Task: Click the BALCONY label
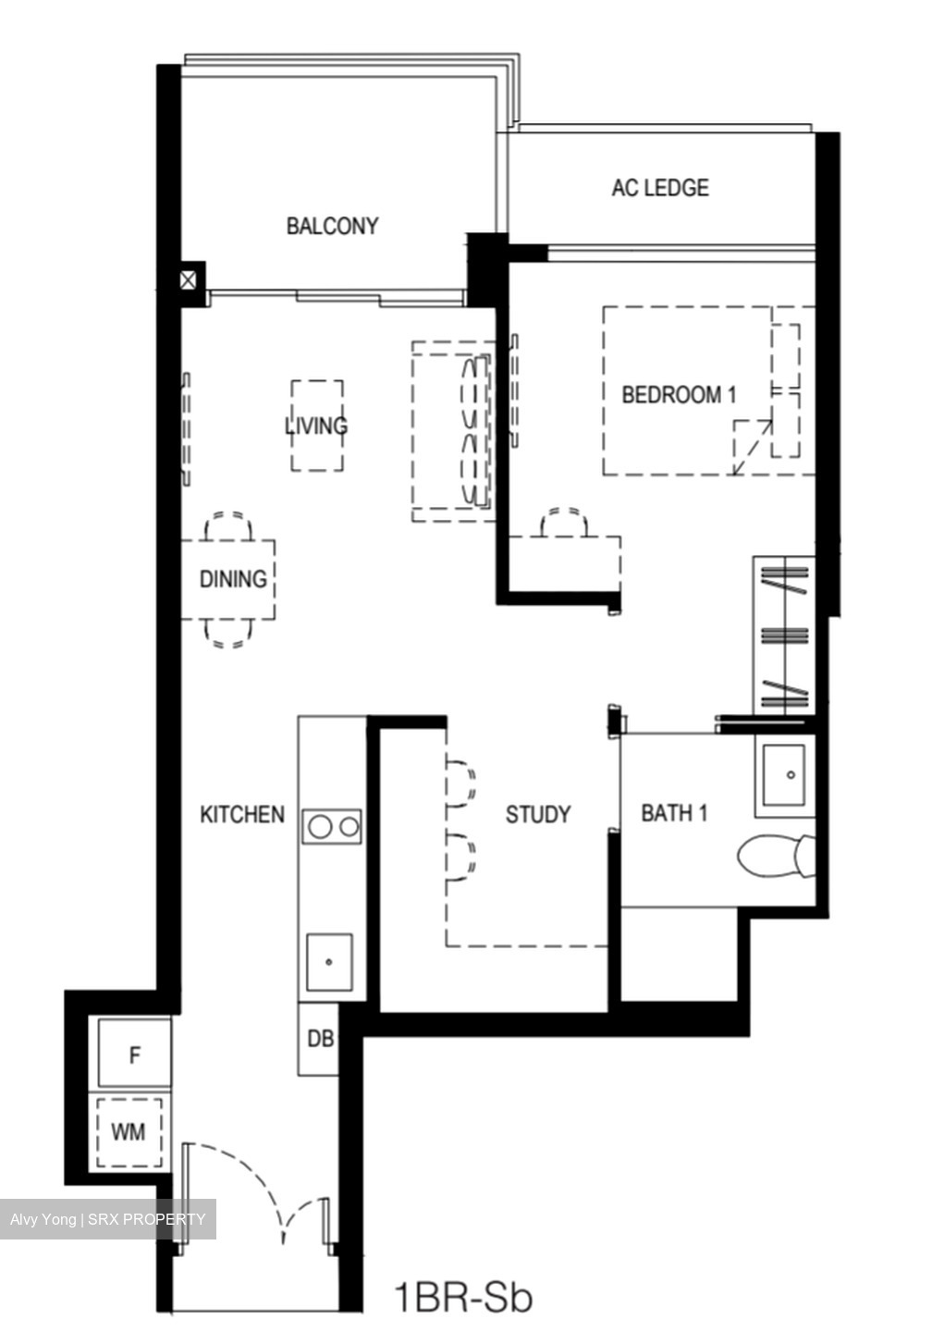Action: pyautogui.click(x=332, y=226)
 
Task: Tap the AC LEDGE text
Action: pyautogui.click(x=659, y=188)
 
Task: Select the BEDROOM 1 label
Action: pyautogui.click(x=679, y=395)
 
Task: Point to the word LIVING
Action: pyautogui.click(x=316, y=425)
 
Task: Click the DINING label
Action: pyautogui.click(x=233, y=579)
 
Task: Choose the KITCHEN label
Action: pyautogui.click(x=242, y=814)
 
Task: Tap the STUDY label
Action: pyautogui.click(x=538, y=814)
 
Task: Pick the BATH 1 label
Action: pyautogui.click(x=674, y=813)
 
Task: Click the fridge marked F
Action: pyautogui.click(x=135, y=1054)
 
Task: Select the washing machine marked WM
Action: pyautogui.click(x=129, y=1131)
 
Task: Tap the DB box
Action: pyautogui.click(x=320, y=1039)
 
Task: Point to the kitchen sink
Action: pyautogui.click(x=329, y=962)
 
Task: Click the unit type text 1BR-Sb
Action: pyautogui.click(x=463, y=1297)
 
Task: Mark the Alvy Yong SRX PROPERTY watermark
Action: pyautogui.click(x=107, y=1219)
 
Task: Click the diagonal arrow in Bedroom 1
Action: pyautogui.click(x=752, y=445)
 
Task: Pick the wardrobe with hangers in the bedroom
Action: pyautogui.click(x=784, y=635)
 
